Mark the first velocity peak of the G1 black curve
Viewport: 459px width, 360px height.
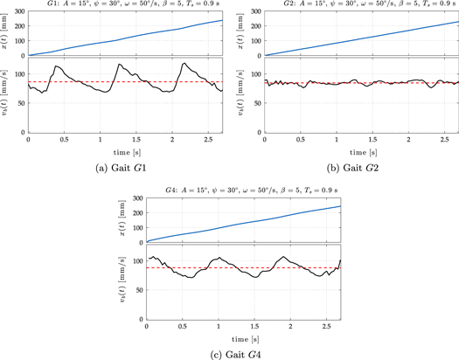tap(58, 66)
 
